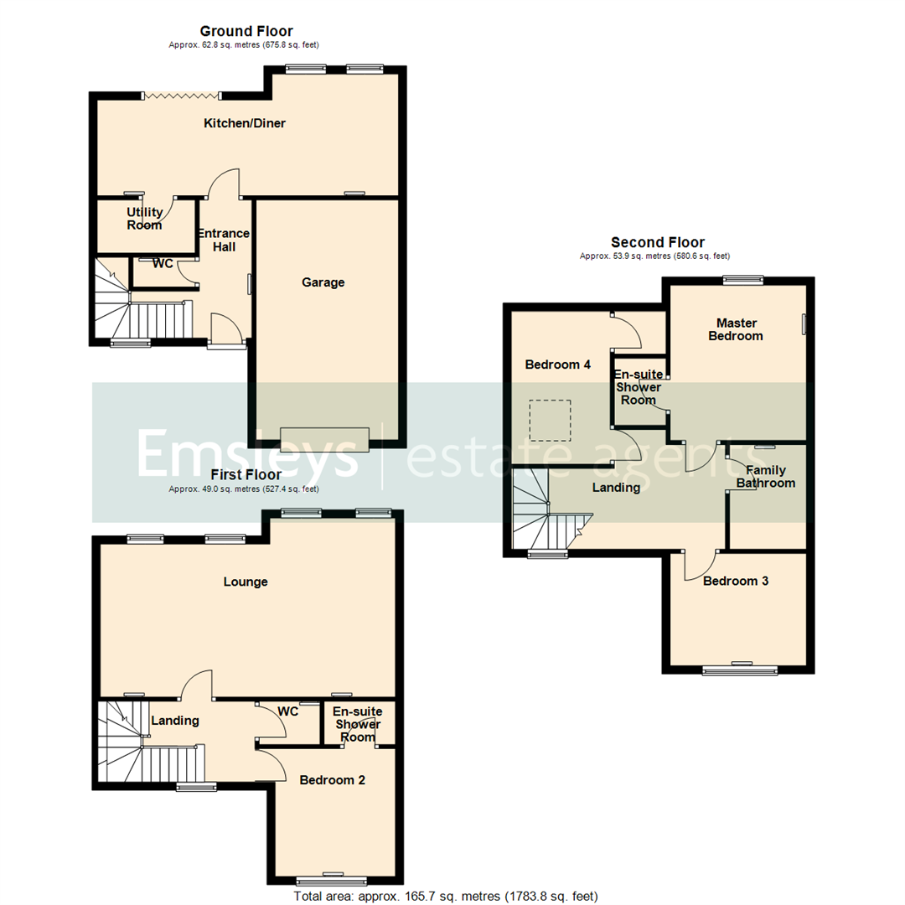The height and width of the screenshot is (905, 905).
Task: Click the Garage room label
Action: click(323, 282)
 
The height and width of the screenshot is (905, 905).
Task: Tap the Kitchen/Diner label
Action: click(245, 123)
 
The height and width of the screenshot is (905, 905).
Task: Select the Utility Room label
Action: click(144, 218)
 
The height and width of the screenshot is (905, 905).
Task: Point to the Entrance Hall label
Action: click(224, 240)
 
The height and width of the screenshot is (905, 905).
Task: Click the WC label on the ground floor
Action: click(163, 264)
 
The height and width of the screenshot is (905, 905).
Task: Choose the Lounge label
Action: click(246, 582)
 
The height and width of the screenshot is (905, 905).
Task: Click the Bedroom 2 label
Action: click(332, 779)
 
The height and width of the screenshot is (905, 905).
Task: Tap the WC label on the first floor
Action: click(288, 711)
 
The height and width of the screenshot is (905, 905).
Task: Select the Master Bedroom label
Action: click(736, 329)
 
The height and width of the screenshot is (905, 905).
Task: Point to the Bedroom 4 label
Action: click(558, 365)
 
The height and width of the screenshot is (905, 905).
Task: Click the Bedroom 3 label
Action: click(736, 581)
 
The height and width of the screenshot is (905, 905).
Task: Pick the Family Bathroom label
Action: click(765, 477)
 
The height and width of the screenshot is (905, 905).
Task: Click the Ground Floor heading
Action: click(246, 32)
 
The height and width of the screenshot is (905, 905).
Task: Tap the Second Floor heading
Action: click(657, 243)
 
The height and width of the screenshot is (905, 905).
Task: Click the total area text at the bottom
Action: click(445, 897)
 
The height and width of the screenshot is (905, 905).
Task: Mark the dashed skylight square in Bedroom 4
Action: click(550, 421)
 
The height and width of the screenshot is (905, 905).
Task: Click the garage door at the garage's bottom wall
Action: click(324, 438)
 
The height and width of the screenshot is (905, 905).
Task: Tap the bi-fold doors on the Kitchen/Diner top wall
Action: click(182, 96)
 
